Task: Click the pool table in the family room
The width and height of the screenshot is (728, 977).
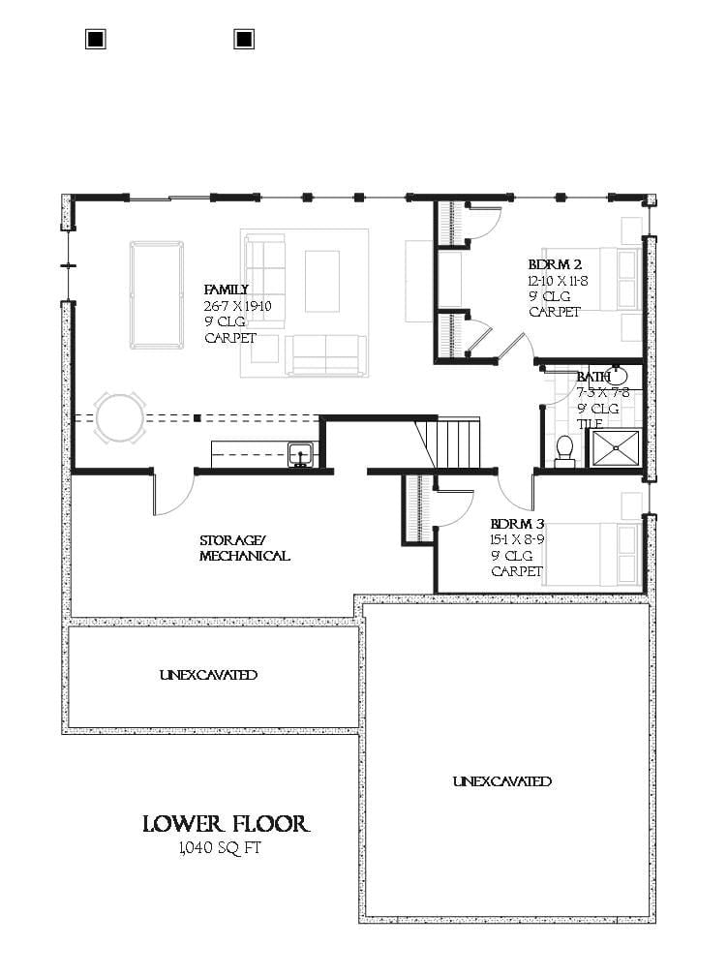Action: tap(157, 294)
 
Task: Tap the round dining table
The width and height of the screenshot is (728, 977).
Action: tap(121, 417)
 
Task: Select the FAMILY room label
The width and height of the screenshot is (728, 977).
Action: tap(226, 290)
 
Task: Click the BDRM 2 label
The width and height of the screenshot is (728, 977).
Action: tap(556, 263)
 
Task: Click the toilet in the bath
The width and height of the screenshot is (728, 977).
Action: tap(565, 450)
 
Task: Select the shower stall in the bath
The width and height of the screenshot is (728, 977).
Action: tap(616, 448)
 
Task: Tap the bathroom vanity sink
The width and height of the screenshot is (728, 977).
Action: tap(614, 376)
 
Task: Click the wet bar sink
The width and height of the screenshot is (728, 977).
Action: tap(300, 452)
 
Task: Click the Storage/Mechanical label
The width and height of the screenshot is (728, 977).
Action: tap(244, 548)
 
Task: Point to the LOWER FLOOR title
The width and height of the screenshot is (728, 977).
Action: tap(226, 824)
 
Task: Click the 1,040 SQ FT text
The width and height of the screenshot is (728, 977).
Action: tap(220, 849)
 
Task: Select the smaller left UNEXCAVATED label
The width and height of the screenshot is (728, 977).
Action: tap(209, 675)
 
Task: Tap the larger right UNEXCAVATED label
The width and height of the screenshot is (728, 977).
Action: tap(501, 780)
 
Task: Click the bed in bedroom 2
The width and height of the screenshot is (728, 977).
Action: tap(591, 279)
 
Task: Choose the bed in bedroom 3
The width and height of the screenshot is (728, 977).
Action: tap(591, 553)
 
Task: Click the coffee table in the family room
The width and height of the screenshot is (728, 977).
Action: tap(322, 280)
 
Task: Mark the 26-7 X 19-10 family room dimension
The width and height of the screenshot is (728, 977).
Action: tap(237, 306)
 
